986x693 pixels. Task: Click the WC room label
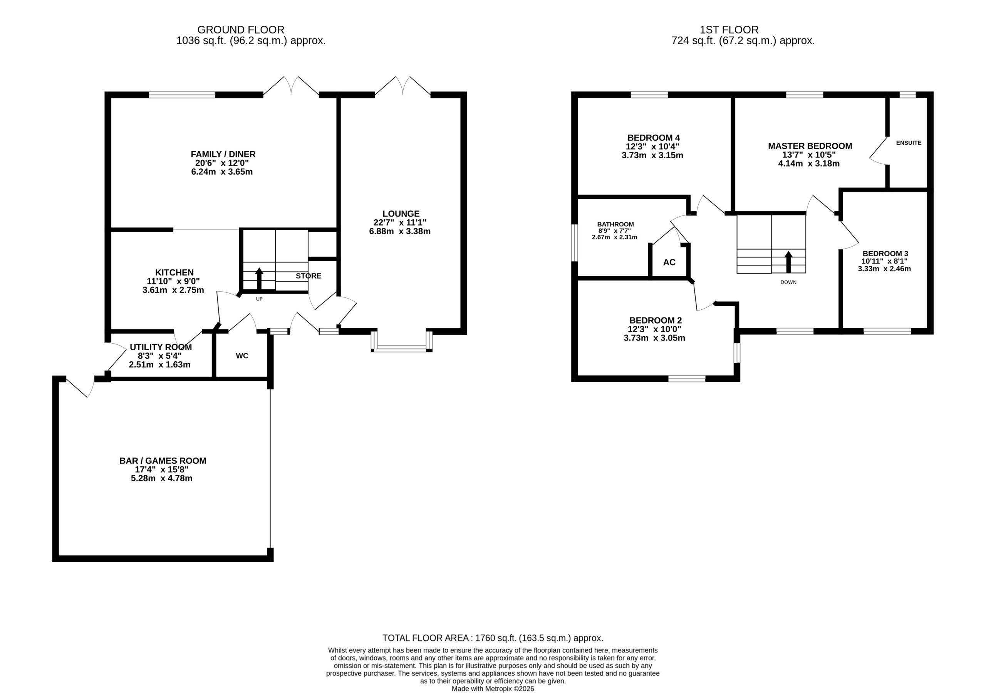[x=242, y=356]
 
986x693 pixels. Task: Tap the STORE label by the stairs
[x=309, y=276]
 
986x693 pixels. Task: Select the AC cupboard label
[x=669, y=262]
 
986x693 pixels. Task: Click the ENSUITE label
[x=909, y=142]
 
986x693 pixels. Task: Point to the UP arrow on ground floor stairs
[x=259, y=279]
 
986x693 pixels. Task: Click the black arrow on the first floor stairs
[x=788, y=262]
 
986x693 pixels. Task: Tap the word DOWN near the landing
[x=788, y=282]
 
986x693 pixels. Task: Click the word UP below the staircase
[x=259, y=299]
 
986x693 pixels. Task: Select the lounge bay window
[x=402, y=342]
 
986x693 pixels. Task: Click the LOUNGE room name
[x=401, y=214]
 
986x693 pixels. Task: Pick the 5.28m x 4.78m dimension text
[x=161, y=478]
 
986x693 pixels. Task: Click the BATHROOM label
[x=615, y=224]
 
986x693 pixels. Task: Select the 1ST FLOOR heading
[x=729, y=30]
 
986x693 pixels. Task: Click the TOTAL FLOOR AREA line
[x=493, y=638]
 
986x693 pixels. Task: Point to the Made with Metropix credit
[x=493, y=689]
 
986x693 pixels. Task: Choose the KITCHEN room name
[x=174, y=272]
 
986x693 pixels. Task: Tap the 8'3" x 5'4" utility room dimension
[x=160, y=356]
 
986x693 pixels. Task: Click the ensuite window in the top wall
[x=907, y=95]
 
